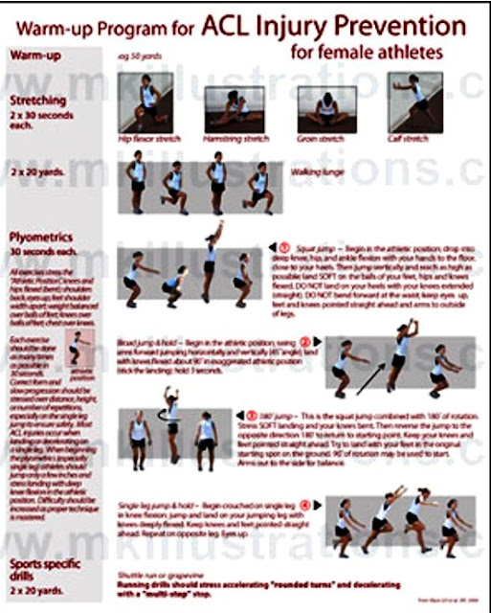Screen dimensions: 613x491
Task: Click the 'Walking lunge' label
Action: (x=317, y=171)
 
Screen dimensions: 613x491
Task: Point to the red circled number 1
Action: (x=285, y=248)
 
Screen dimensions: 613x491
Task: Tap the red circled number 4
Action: (x=307, y=504)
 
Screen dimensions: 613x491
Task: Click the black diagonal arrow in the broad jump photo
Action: (x=370, y=373)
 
